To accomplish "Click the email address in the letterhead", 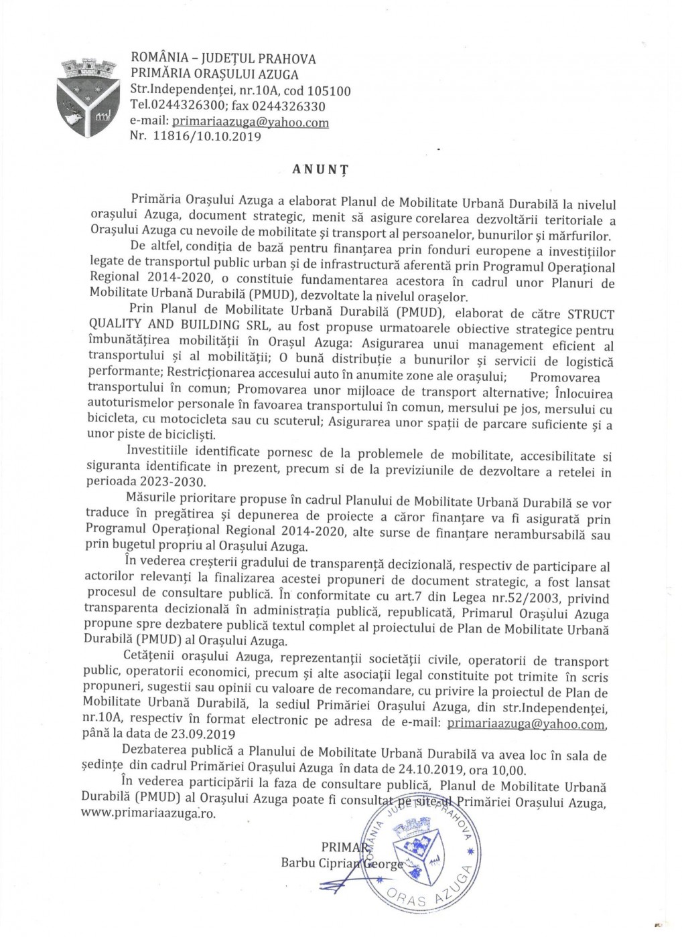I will point(251,122).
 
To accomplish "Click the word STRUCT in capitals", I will point(591,314).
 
